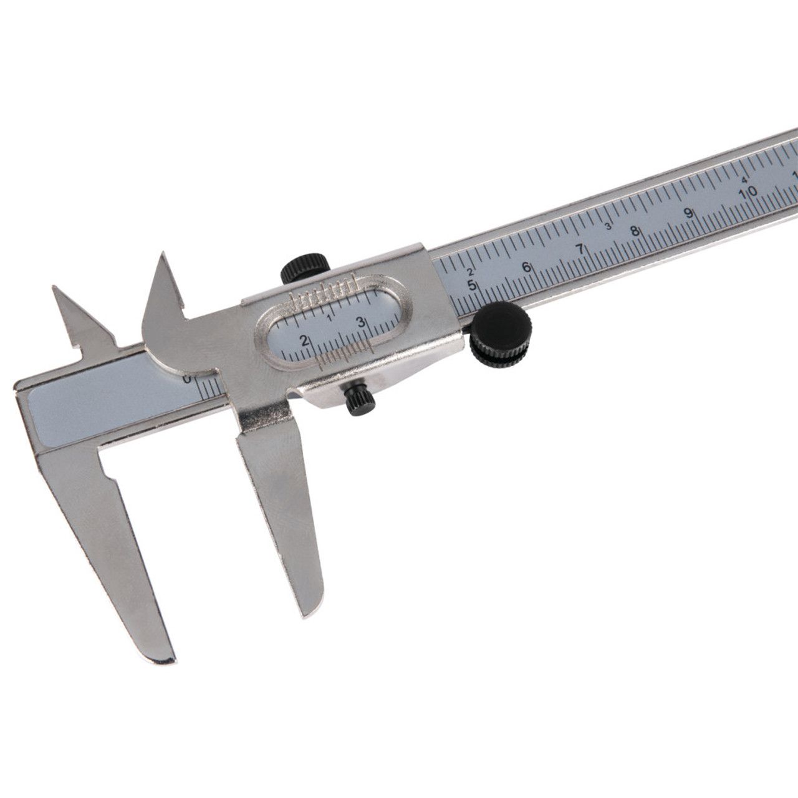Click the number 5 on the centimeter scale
(472, 286)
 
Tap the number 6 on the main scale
(526, 267)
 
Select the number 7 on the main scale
(580, 249)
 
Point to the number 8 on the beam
(635, 231)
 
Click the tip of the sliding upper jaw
(163, 254)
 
